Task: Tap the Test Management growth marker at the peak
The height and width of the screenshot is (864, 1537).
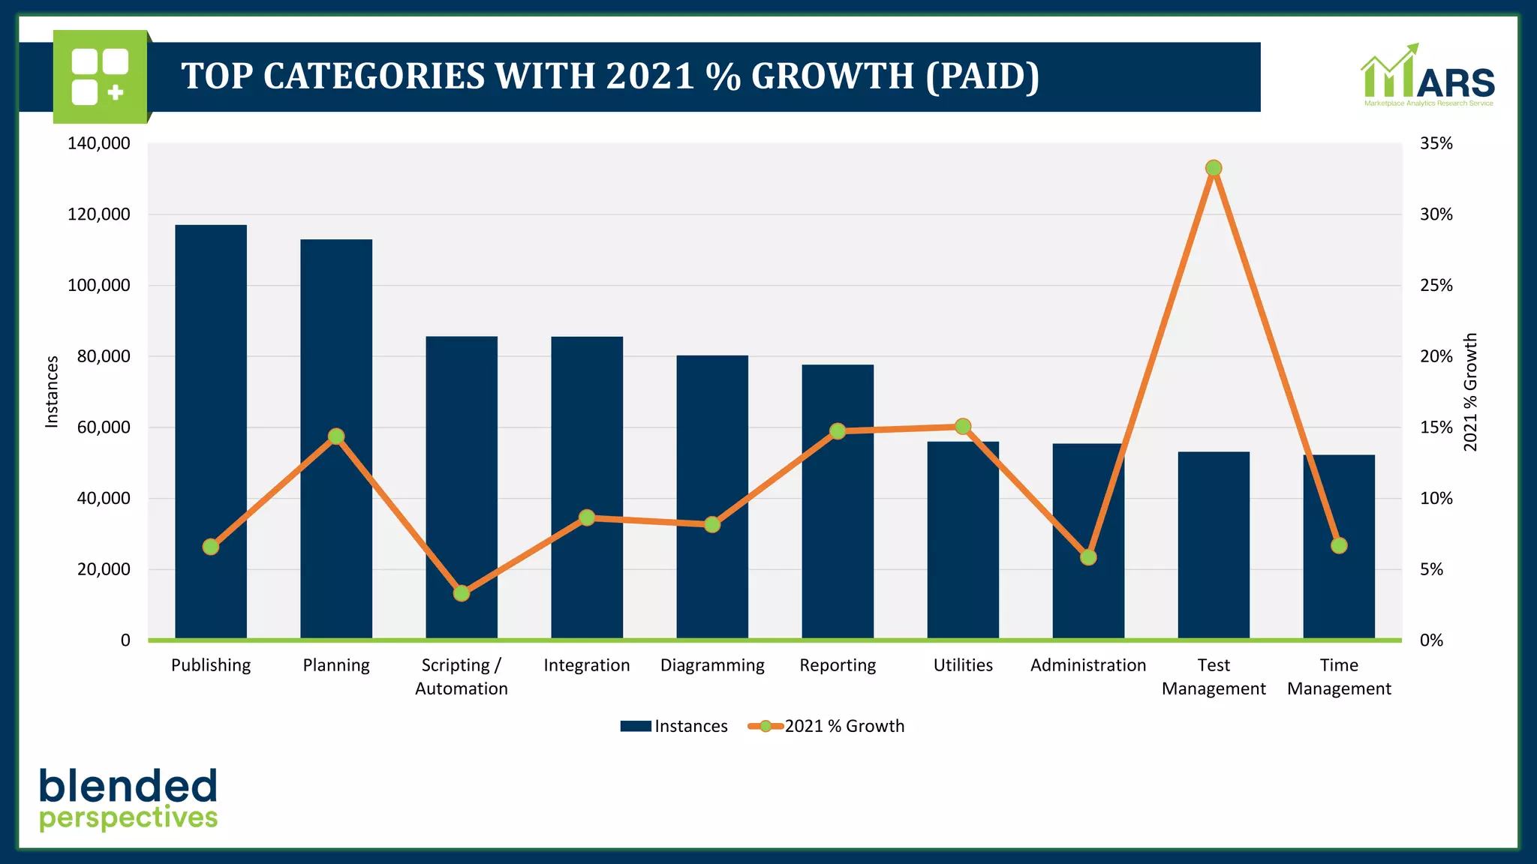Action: point(1214,168)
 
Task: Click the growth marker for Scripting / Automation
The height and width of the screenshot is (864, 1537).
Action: point(462,593)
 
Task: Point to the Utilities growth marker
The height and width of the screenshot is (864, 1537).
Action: point(963,427)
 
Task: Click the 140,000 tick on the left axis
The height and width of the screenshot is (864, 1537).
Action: point(98,143)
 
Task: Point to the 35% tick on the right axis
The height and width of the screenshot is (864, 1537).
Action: point(1436,143)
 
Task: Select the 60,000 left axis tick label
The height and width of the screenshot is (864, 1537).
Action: point(103,427)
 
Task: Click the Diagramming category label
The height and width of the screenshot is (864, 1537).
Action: point(712,665)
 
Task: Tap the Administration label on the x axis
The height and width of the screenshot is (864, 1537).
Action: point(1088,665)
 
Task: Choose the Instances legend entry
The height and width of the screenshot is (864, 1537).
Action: point(674,726)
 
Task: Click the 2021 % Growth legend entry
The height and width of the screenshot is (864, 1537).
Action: point(827,726)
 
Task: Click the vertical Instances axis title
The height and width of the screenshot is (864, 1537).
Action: point(52,391)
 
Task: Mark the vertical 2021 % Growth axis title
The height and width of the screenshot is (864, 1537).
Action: point(1470,391)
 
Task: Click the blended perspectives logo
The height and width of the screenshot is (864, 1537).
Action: point(128,799)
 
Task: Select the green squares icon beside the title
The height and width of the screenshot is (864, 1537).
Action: point(100,76)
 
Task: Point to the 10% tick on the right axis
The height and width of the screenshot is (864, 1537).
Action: point(1436,499)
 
